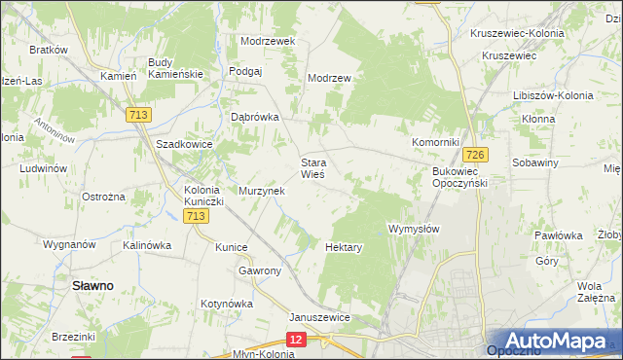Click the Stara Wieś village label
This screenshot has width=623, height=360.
(311, 168)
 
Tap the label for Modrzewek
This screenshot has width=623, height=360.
(268, 42)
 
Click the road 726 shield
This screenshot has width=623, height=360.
(475, 155)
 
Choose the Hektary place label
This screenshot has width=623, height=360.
(345, 247)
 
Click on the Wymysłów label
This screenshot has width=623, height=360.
(415, 229)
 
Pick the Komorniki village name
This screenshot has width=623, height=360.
(434, 142)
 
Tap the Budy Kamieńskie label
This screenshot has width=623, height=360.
(175, 68)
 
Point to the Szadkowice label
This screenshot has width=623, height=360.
(184, 143)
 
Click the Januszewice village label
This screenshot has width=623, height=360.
(319, 317)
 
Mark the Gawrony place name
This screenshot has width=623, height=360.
(260, 270)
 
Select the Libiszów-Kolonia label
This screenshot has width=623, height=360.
(552, 95)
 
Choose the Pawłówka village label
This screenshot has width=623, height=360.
(558, 235)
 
